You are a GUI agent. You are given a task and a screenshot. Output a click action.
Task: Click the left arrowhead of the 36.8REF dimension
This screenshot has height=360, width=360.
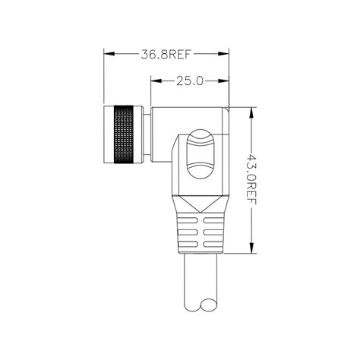(x=106, y=54)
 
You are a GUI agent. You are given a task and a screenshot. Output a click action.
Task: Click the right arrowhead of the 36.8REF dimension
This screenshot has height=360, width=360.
(x=226, y=54)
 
